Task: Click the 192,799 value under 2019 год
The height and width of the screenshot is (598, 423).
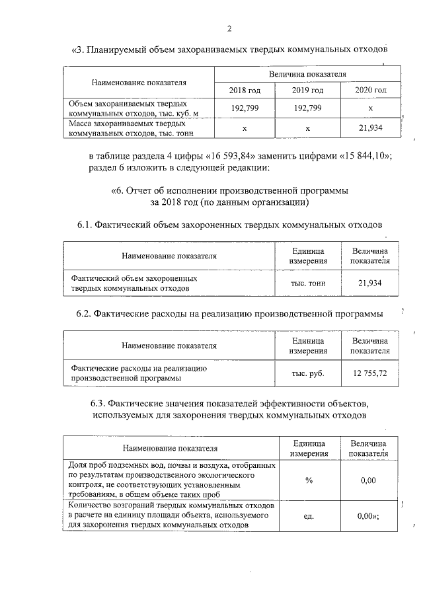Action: coord(307,108)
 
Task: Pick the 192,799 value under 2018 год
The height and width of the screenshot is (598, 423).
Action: coord(245,108)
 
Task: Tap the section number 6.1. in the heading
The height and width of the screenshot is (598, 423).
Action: coord(86,225)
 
